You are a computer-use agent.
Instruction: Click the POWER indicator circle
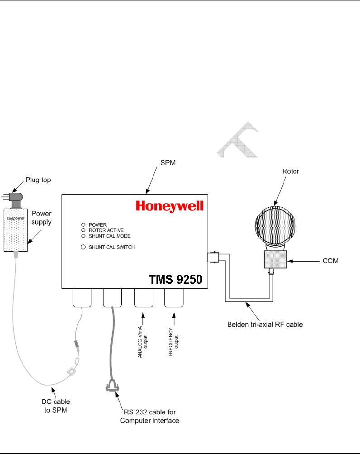[x=83, y=225]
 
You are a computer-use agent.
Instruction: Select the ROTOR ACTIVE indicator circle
[x=83, y=230]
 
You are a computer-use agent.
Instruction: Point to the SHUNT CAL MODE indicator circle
[x=83, y=236]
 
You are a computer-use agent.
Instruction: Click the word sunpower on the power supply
[x=16, y=217]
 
